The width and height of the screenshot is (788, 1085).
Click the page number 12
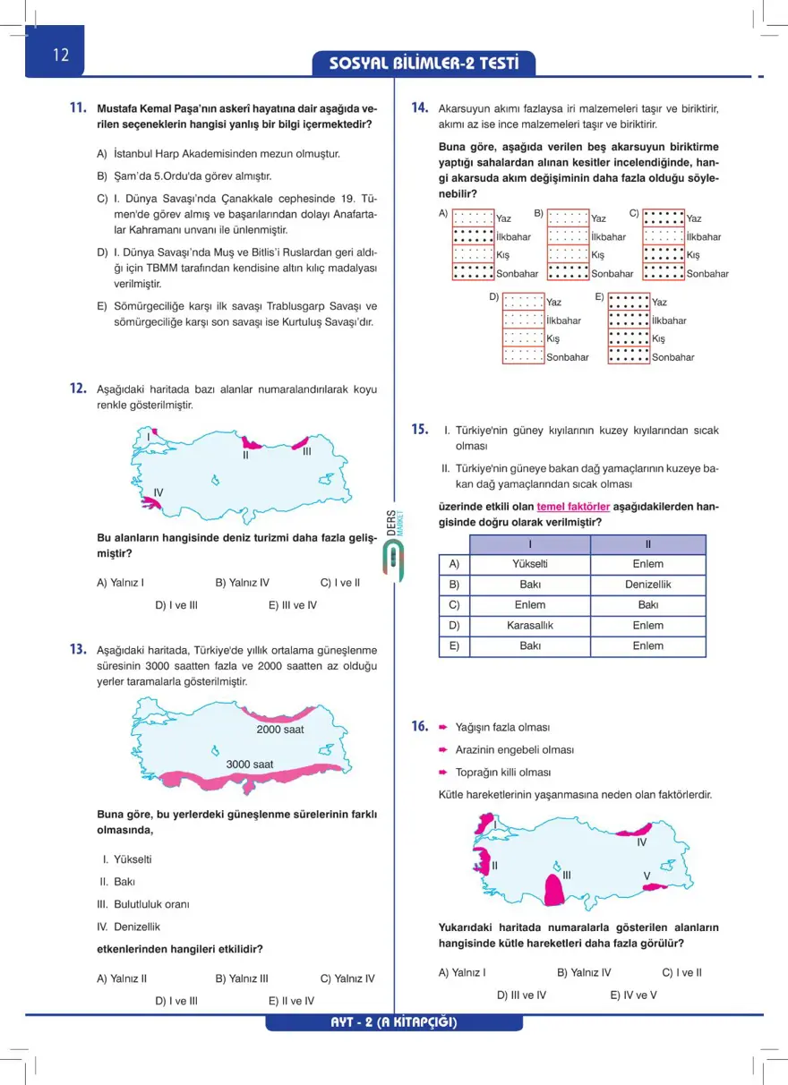(61, 56)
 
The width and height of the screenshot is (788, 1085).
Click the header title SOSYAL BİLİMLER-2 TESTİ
(424, 64)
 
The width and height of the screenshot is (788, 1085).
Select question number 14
(418, 107)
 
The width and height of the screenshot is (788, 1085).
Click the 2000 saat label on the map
(280, 730)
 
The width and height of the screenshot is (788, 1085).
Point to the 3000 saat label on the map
(250, 765)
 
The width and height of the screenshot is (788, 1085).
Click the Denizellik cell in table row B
(647, 585)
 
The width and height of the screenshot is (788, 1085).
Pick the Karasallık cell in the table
(530, 625)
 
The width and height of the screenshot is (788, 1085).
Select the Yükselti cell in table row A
(530, 564)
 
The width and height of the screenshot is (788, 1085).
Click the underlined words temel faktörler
(573, 507)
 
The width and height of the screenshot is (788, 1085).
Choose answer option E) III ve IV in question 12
(292, 605)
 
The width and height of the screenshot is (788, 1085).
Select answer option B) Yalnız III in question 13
(242, 978)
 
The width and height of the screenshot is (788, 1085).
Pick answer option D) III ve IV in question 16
(521, 995)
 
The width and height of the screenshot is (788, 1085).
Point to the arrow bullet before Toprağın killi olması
(443, 772)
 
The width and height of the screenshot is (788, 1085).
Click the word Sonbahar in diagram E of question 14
(672, 357)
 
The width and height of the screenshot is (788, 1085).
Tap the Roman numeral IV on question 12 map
(158, 493)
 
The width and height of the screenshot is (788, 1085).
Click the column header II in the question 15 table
(647, 544)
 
